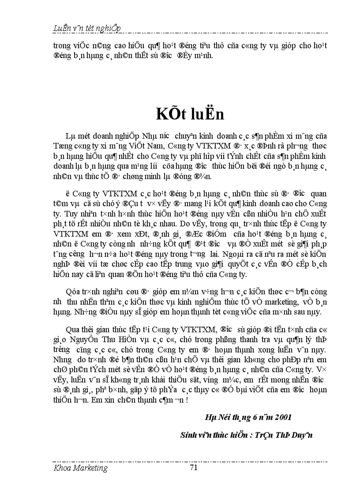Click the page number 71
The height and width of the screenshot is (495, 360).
coord(193,468)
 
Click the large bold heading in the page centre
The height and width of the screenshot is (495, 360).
coord(190,114)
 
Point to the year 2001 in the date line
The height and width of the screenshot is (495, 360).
coord(282,417)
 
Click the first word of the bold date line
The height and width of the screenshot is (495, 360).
coord(211,417)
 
